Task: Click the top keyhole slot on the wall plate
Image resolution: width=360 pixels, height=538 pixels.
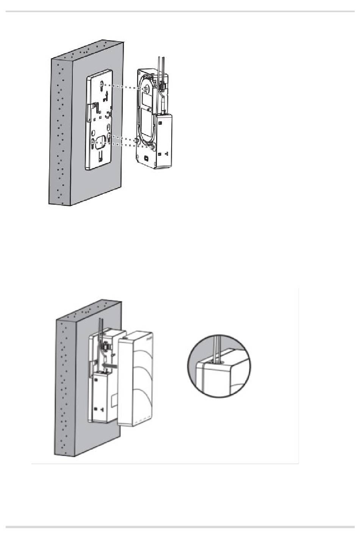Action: (x=101, y=86)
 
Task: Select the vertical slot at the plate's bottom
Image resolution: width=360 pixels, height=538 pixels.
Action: (x=100, y=157)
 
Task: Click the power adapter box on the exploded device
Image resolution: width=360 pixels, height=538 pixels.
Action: (x=164, y=140)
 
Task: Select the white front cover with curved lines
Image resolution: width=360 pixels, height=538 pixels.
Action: (x=136, y=379)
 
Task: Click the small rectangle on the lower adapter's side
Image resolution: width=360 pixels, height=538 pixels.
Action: (x=114, y=400)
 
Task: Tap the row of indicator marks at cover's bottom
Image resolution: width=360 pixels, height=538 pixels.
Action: (x=140, y=421)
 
